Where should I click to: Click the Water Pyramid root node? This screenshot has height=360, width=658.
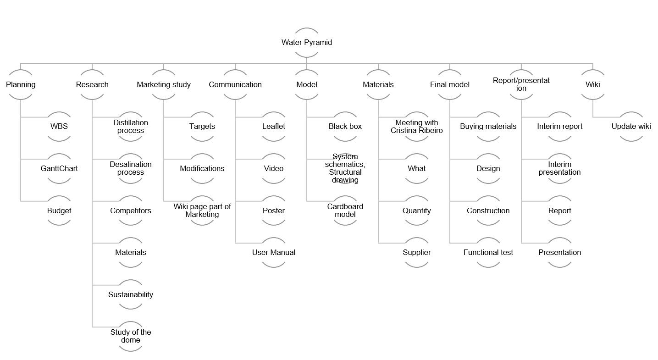tap(307, 42)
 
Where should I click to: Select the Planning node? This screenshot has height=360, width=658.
tap(21, 85)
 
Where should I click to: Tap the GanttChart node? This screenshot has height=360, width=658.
tap(59, 168)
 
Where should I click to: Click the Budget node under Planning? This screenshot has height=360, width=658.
tap(59, 210)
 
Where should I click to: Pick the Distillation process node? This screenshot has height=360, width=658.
tap(131, 127)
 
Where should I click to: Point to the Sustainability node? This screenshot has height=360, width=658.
tap(131, 294)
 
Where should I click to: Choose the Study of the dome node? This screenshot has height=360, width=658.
tap(131, 336)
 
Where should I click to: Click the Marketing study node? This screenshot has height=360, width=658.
tap(164, 85)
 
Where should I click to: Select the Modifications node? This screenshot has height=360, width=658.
tap(202, 168)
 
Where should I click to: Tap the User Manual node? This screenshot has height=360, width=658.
tap(273, 252)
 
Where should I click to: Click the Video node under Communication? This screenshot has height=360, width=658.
tap(273, 168)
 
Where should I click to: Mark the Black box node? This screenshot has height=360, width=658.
tap(345, 127)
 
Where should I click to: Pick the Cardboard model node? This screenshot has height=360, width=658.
tap(345, 210)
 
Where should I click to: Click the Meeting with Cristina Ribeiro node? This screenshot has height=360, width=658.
tap(416, 127)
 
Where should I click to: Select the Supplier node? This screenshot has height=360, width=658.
tap(416, 252)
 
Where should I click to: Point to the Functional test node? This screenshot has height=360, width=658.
tap(488, 252)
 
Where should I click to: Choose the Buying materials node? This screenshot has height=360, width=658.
tap(488, 127)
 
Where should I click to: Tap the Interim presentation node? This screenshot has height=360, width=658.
tap(559, 168)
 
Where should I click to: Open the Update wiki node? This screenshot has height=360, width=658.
tap(631, 127)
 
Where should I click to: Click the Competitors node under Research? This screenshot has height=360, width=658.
tap(131, 210)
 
